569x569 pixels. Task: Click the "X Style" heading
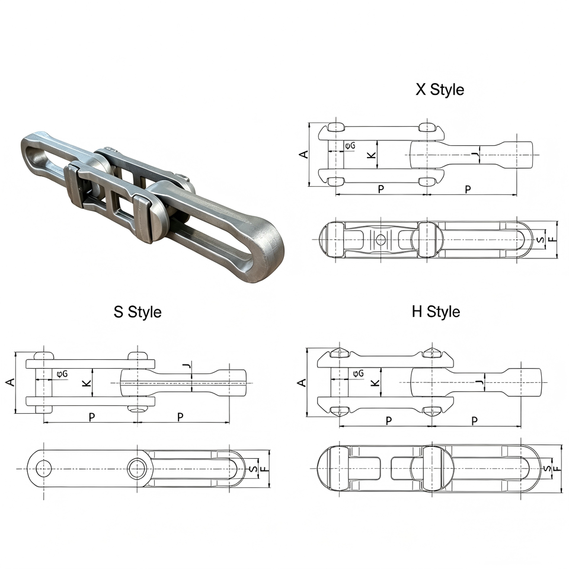pos(440,89)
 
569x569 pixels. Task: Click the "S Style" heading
pos(138,312)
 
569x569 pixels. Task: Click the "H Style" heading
pos(436,312)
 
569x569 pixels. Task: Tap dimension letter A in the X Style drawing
pos(303,154)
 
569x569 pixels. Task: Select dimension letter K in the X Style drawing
pos(372,155)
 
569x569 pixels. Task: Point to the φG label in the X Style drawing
pos(350,146)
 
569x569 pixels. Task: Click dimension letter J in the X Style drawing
pos(475,155)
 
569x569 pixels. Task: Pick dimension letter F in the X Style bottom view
pos(552,239)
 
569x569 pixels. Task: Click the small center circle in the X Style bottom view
pos(381,239)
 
